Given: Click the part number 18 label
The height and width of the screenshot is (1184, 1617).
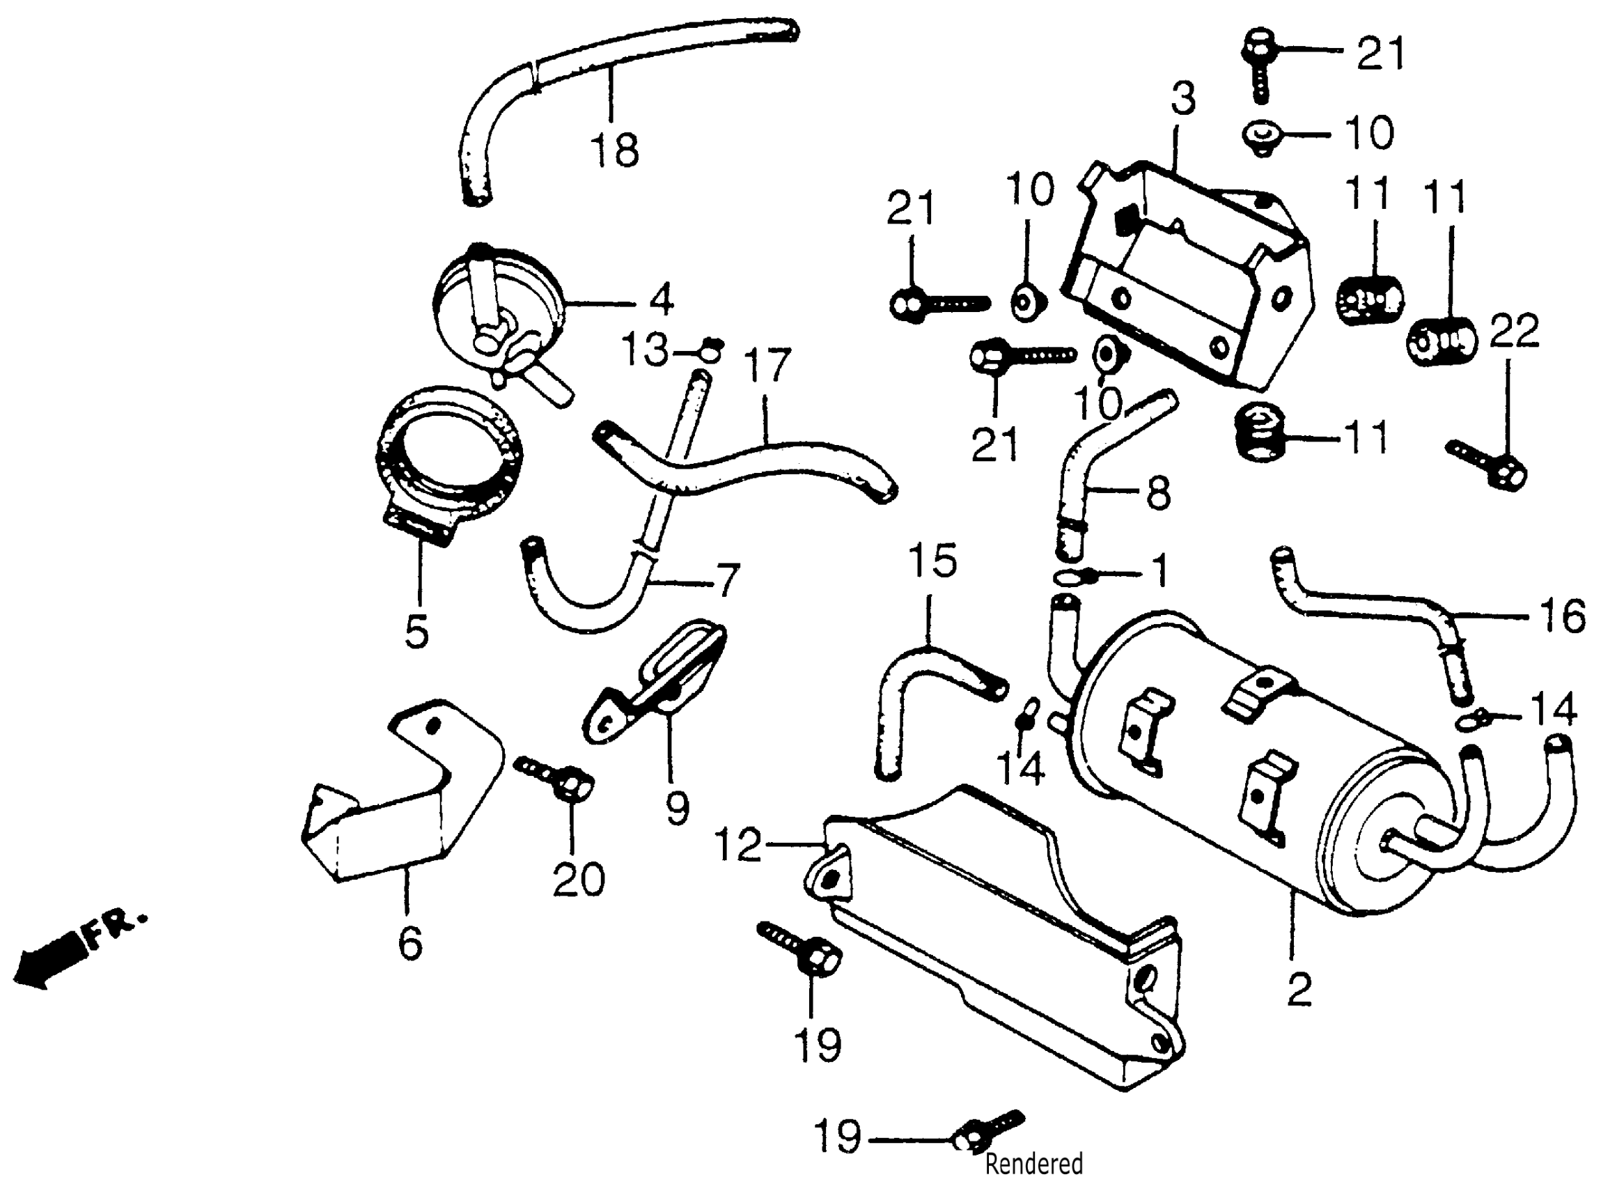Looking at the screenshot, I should (615, 150).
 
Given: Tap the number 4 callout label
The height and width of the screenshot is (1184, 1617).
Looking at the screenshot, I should (662, 299).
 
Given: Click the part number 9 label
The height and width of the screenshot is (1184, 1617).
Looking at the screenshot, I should (677, 808).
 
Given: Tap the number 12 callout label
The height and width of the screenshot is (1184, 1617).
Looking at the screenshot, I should (738, 846).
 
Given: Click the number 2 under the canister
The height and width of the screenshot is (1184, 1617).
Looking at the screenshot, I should (1299, 990).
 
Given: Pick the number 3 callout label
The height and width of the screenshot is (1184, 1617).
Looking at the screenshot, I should (1183, 98).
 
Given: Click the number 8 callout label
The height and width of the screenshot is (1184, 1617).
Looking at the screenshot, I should (1159, 493).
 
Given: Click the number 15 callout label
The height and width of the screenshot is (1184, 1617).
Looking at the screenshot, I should (932, 561).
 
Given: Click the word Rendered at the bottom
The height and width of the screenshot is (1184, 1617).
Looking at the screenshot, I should (1034, 1164).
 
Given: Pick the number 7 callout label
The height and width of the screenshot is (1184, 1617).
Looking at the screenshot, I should (727, 580).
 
